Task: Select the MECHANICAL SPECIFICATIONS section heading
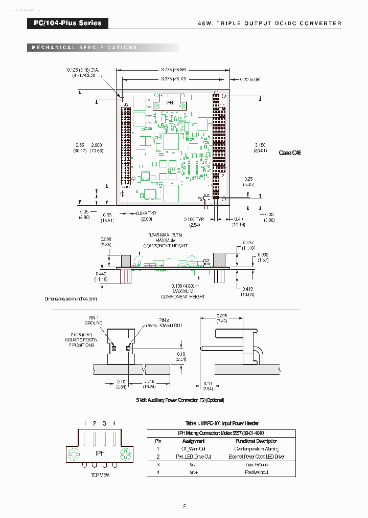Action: pyautogui.click(x=84, y=48)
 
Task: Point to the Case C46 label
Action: pyautogui.click(x=290, y=153)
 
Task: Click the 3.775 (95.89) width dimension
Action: pyautogui.click(x=173, y=69)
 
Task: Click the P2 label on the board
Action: pyautogui.click(x=200, y=198)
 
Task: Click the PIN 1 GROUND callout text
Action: pyautogui.click(x=94, y=320)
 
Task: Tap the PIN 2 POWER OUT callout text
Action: pyautogui.click(x=170, y=323)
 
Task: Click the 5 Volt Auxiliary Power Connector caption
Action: pyautogui.click(x=180, y=400)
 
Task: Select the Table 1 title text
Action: pyautogui.click(x=221, y=423)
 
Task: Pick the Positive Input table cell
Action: pyautogui.click(x=257, y=472)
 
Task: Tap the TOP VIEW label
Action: pyautogui.click(x=100, y=475)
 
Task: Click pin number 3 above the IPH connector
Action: pyautogui.click(x=104, y=423)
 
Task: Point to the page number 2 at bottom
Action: pyautogui.click(x=184, y=507)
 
